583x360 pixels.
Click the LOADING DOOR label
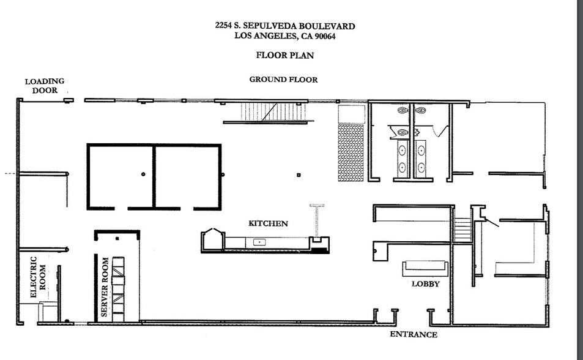(44, 85)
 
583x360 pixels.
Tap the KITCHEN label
(267, 223)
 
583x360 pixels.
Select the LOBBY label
(425, 283)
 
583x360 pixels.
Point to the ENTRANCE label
(414, 334)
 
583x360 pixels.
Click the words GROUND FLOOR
(283, 80)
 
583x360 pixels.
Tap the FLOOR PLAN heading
(284, 55)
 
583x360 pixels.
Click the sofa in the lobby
(425, 268)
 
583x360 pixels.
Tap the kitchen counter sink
(260, 242)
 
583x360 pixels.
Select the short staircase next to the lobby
(463, 230)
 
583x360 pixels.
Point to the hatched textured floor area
(351, 152)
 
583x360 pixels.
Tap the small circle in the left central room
(143, 174)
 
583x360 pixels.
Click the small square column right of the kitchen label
(298, 175)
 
